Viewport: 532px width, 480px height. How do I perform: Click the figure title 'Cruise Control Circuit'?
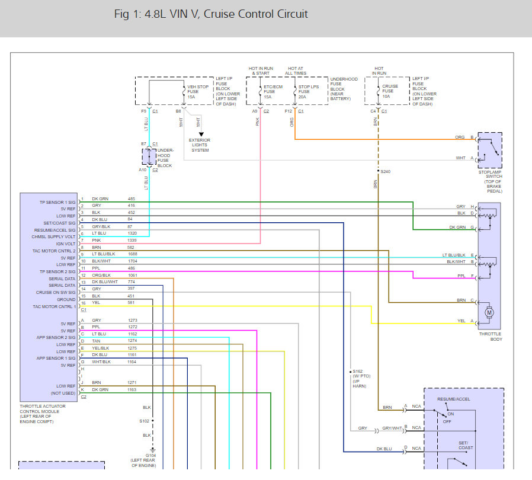pos(255,14)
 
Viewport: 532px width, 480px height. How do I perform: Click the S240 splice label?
pos(386,172)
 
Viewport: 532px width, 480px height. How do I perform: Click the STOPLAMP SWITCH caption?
pos(490,181)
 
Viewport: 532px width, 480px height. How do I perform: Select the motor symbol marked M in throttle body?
pos(489,312)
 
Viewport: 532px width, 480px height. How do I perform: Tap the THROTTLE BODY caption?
pos(489,337)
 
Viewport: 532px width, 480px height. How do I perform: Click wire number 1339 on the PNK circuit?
pos(132,241)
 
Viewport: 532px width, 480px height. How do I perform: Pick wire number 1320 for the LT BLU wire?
pos(132,233)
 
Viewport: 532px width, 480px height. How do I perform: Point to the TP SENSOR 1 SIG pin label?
pos(57,202)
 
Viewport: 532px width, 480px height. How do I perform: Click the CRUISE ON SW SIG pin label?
pos(56,292)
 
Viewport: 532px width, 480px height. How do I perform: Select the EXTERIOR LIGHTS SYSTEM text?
pos(200,145)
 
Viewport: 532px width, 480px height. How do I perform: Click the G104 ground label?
pos(143,460)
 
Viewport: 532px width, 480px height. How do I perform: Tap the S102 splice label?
pos(144,421)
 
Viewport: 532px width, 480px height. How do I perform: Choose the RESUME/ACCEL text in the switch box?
pos(453,399)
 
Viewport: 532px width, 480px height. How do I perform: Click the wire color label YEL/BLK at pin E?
pos(101,348)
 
